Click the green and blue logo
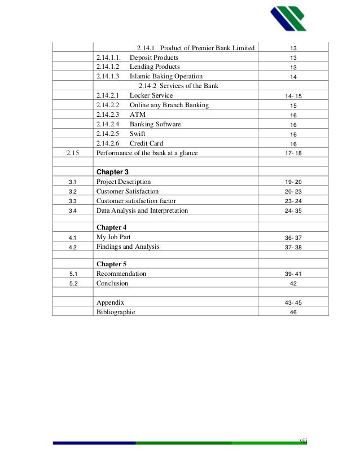(x=288, y=19)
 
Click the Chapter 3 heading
(x=112, y=172)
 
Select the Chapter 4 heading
(x=112, y=227)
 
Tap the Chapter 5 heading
(x=112, y=263)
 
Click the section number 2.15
(x=72, y=153)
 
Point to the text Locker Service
(x=151, y=96)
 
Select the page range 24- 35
(x=293, y=211)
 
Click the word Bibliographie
(x=116, y=311)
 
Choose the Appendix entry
(x=110, y=302)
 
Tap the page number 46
(x=293, y=312)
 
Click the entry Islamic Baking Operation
(x=166, y=76)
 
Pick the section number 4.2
(x=72, y=247)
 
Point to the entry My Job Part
(x=113, y=238)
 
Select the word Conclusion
(x=112, y=283)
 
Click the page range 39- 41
(x=293, y=274)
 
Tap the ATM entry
(x=138, y=115)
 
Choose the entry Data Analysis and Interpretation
(x=142, y=210)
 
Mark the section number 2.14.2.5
(x=108, y=134)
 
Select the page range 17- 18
(x=293, y=153)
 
